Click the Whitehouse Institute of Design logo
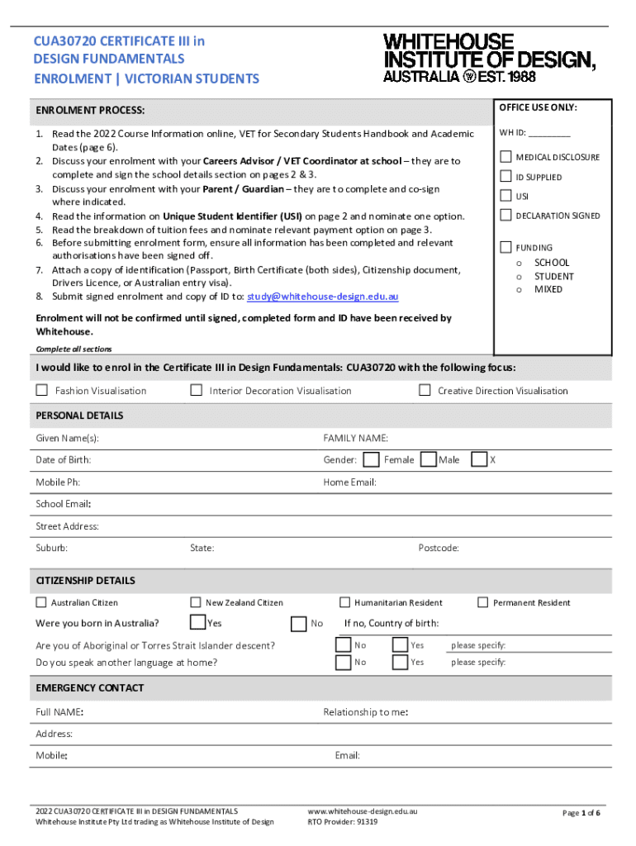pyautogui.click(x=489, y=58)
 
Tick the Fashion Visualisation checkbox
pyautogui.click(x=41, y=390)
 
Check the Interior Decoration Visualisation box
pyautogui.click(x=196, y=390)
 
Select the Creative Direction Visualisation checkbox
pyautogui.click(x=425, y=390)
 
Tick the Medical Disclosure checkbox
pyautogui.click(x=505, y=157)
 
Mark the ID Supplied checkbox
pyautogui.click(x=505, y=176)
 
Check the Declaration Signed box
pyautogui.click(x=505, y=216)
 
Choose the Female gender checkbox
pyautogui.click(x=372, y=459)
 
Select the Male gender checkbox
pyautogui.click(x=428, y=459)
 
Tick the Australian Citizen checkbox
pyautogui.click(x=41, y=602)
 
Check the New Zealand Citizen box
pyautogui.click(x=196, y=602)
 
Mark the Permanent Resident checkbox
pyautogui.click(x=483, y=602)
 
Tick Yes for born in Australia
pyautogui.click(x=197, y=622)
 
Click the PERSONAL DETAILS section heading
pyautogui.click(x=79, y=415)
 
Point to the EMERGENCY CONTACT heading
pyautogui.click(x=90, y=687)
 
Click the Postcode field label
pyautogui.click(x=439, y=548)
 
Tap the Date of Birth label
pyautogui.click(x=64, y=459)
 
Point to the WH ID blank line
pyautogui.click(x=549, y=134)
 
